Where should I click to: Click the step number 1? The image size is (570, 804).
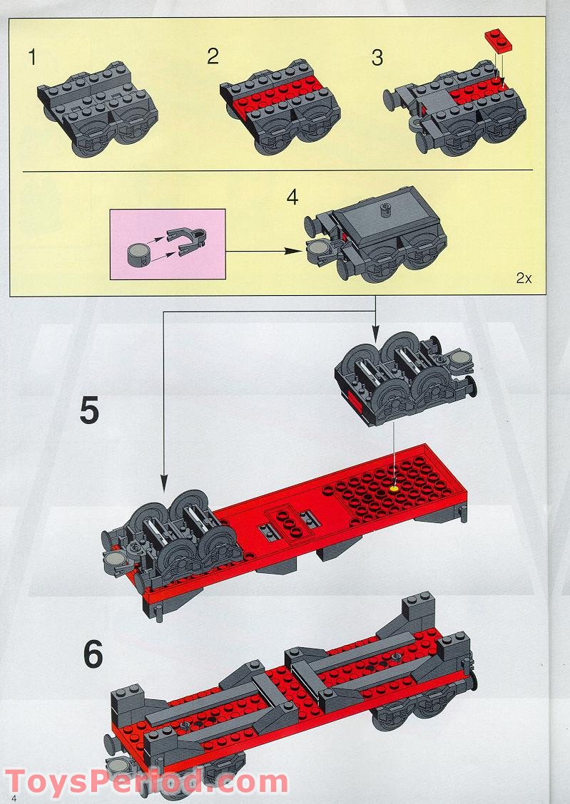pyautogui.click(x=32, y=58)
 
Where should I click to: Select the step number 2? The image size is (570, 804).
pyautogui.click(x=213, y=56)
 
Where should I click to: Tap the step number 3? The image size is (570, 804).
pyautogui.click(x=377, y=58)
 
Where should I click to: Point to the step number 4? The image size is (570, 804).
pyautogui.click(x=292, y=197)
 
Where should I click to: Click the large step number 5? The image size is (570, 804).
pyautogui.click(x=89, y=411)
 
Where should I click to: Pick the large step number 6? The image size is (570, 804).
pyautogui.click(x=93, y=654)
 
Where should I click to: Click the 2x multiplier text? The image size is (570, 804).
pyautogui.click(x=524, y=279)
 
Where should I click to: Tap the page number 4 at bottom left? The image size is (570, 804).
pyautogui.click(x=14, y=798)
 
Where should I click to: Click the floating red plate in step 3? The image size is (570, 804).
pyautogui.click(x=498, y=41)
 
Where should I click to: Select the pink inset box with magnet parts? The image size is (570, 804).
pyautogui.click(x=168, y=244)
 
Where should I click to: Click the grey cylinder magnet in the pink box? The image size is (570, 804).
pyautogui.click(x=138, y=254)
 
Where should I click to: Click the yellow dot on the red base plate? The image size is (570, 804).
pyautogui.click(x=394, y=489)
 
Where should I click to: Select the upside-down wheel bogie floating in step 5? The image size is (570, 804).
pyautogui.click(x=405, y=379)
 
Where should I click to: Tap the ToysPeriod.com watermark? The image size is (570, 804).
pyautogui.click(x=146, y=783)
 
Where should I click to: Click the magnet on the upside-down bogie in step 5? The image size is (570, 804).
pyautogui.click(x=462, y=359)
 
